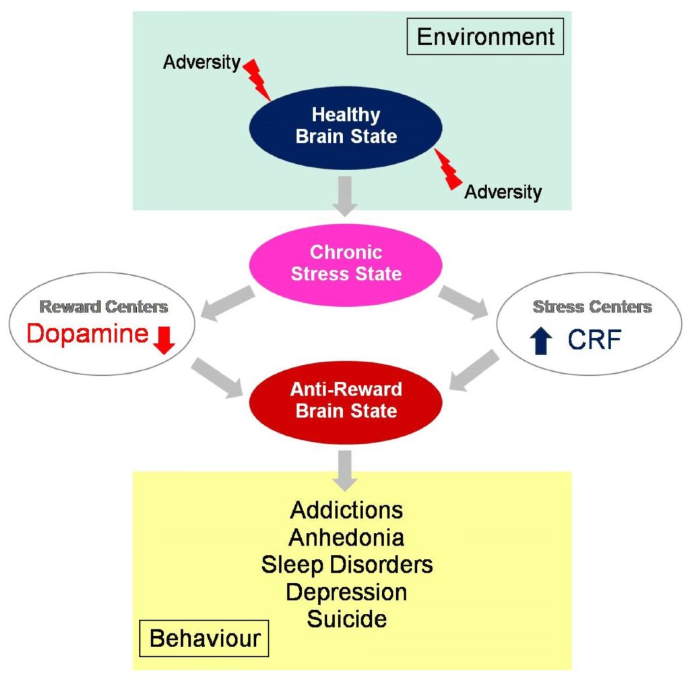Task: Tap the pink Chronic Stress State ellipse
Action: coord(346,263)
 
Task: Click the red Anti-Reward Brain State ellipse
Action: coord(346,399)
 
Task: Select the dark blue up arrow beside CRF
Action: coord(542,341)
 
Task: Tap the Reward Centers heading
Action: coord(103,307)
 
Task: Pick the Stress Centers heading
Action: coord(592,307)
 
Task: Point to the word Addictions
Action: coord(346,509)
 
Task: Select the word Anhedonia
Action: coord(346,537)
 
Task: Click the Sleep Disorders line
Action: coord(346,564)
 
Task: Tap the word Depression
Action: coord(346,592)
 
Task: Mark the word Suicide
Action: coord(346,619)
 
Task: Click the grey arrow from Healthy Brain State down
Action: coord(346,196)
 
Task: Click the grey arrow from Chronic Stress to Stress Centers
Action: coord(462,301)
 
